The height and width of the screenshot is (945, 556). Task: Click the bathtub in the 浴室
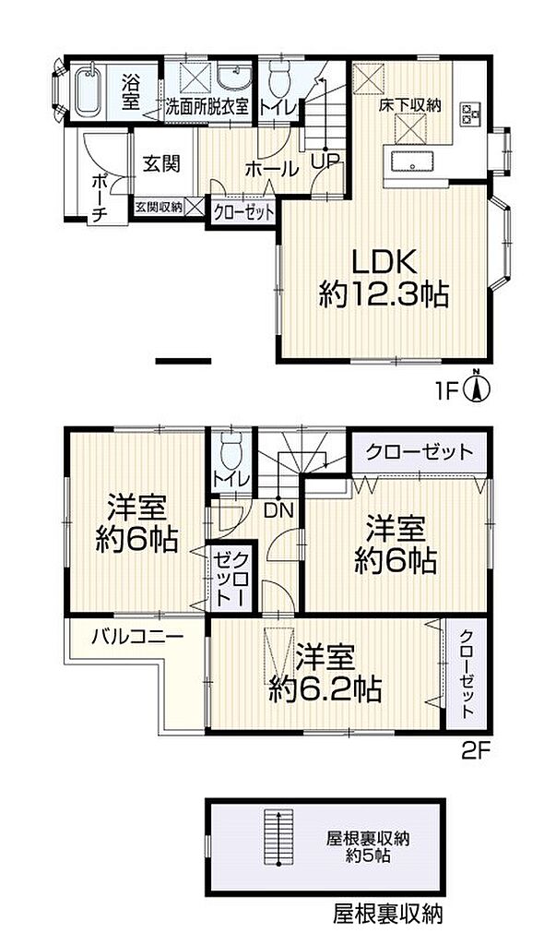[x=89, y=90]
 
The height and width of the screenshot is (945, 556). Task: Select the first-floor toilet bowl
[x=278, y=80]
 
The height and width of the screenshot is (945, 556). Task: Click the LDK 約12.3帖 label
[x=384, y=279]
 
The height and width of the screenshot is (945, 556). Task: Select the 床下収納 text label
[x=410, y=105]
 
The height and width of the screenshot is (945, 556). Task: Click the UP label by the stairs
[x=325, y=161]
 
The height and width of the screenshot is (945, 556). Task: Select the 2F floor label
[x=478, y=750]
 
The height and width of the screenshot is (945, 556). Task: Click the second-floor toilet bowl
[x=231, y=454]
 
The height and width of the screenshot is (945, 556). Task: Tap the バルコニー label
[x=138, y=637]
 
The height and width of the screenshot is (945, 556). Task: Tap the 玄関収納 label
[x=158, y=207]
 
